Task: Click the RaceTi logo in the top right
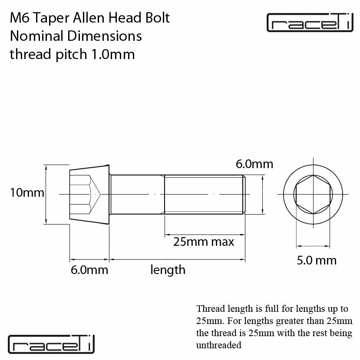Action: click(310, 22)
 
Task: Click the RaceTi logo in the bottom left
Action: click(51, 344)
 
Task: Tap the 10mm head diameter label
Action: click(27, 192)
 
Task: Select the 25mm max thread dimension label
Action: click(203, 242)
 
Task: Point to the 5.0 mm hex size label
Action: click(317, 261)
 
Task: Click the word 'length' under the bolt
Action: click(168, 270)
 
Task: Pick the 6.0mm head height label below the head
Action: click(89, 270)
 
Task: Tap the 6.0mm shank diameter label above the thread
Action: click(254, 164)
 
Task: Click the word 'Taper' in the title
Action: click(51, 18)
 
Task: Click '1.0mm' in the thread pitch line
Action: click(113, 54)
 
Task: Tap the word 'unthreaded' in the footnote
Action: click(218, 345)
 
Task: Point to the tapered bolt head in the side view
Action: click(89, 194)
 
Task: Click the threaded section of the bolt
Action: click(205, 194)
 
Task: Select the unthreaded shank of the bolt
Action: click(137, 194)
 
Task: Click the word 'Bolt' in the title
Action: click(158, 18)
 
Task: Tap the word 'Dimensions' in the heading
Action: click(105, 36)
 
